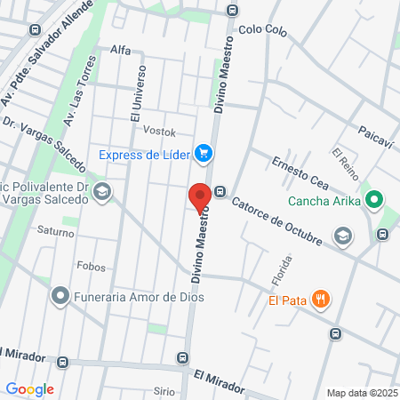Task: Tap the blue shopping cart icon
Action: (x=204, y=154)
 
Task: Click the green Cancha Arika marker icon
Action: (x=374, y=200)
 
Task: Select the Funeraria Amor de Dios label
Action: (x=139, y=296)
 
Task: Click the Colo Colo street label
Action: (x=263, y=30)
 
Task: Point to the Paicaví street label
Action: (x=375, y=132)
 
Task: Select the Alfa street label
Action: (x=120, y=50)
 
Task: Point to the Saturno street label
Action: (x=56, y=230)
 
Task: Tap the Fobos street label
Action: (x=91, y=267)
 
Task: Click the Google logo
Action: (x=29, y=389)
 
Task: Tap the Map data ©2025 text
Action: (x=362, y=392)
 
